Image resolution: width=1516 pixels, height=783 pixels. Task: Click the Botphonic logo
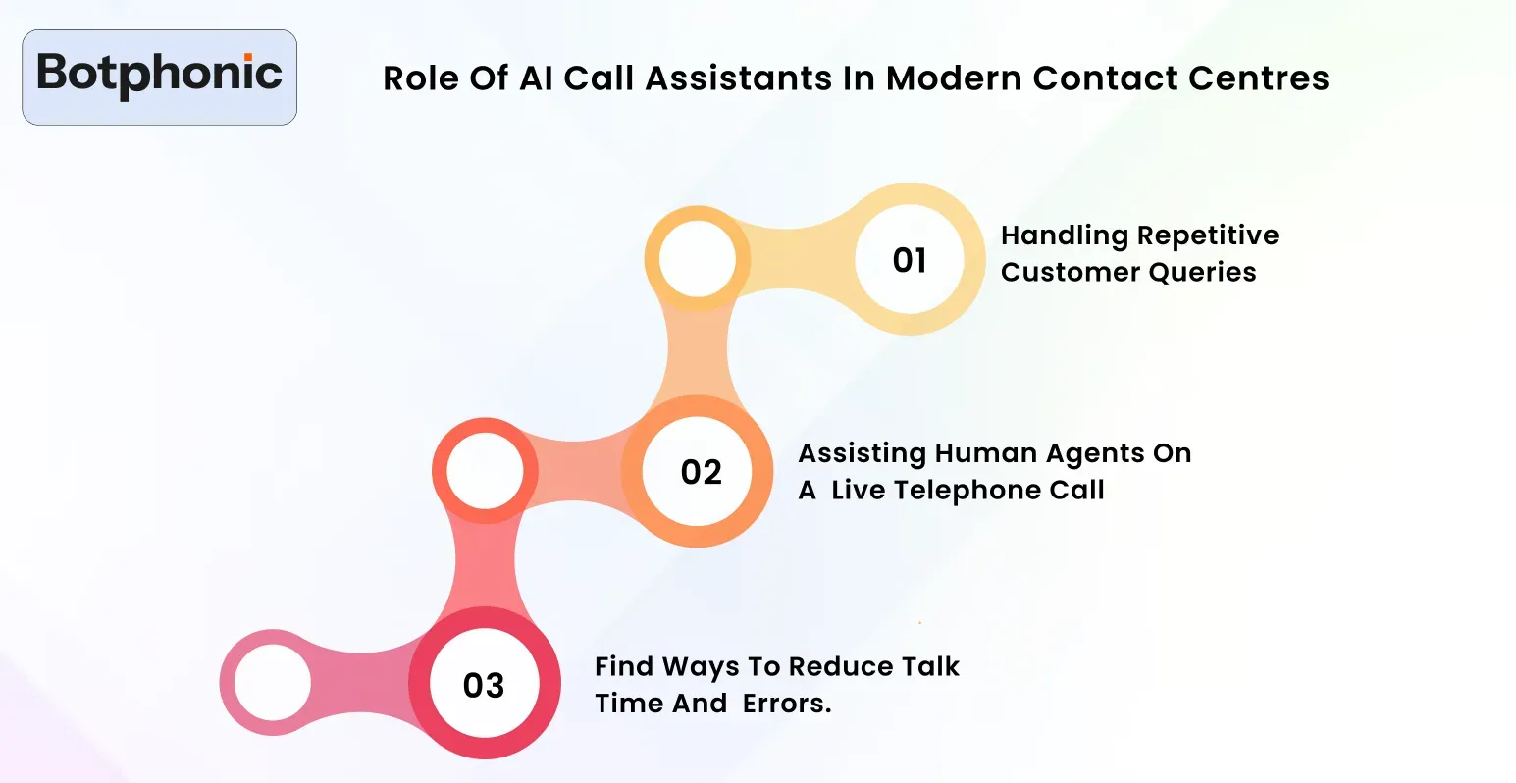159,77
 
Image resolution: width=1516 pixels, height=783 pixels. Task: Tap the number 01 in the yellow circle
910,260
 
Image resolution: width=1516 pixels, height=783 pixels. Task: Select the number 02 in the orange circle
701,472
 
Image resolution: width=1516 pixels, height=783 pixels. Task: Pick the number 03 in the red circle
484,685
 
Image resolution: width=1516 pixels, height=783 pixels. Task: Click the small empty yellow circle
698,259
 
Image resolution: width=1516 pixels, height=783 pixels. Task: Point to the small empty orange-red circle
486,471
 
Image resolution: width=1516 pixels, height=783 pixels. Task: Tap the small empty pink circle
273,683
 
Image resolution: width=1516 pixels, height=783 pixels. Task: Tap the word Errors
787,704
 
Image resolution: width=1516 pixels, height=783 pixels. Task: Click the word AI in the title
536,78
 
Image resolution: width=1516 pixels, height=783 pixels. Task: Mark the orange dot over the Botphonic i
248,57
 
